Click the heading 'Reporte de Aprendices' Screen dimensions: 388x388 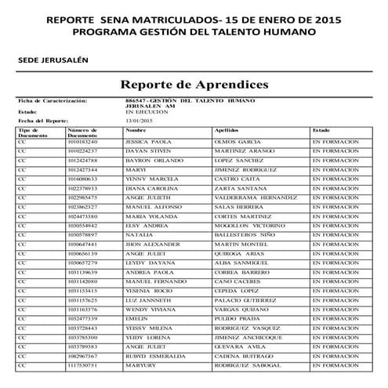click(194, 84)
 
